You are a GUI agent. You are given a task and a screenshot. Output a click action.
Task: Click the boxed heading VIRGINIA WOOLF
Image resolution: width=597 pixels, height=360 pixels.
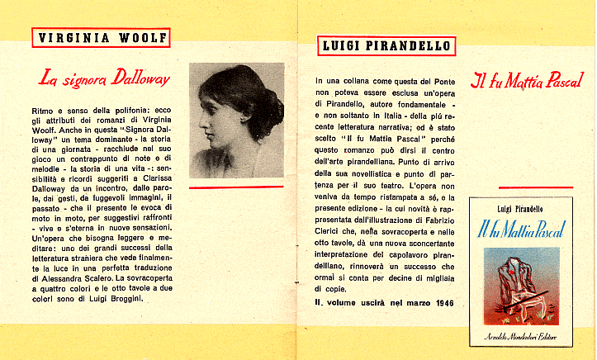(x=102, y=38)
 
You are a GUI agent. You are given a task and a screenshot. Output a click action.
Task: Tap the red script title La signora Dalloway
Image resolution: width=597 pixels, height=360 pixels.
(x=105, y=79)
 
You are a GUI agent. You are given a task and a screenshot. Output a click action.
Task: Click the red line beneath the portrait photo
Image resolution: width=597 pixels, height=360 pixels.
(x=235, y=187)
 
